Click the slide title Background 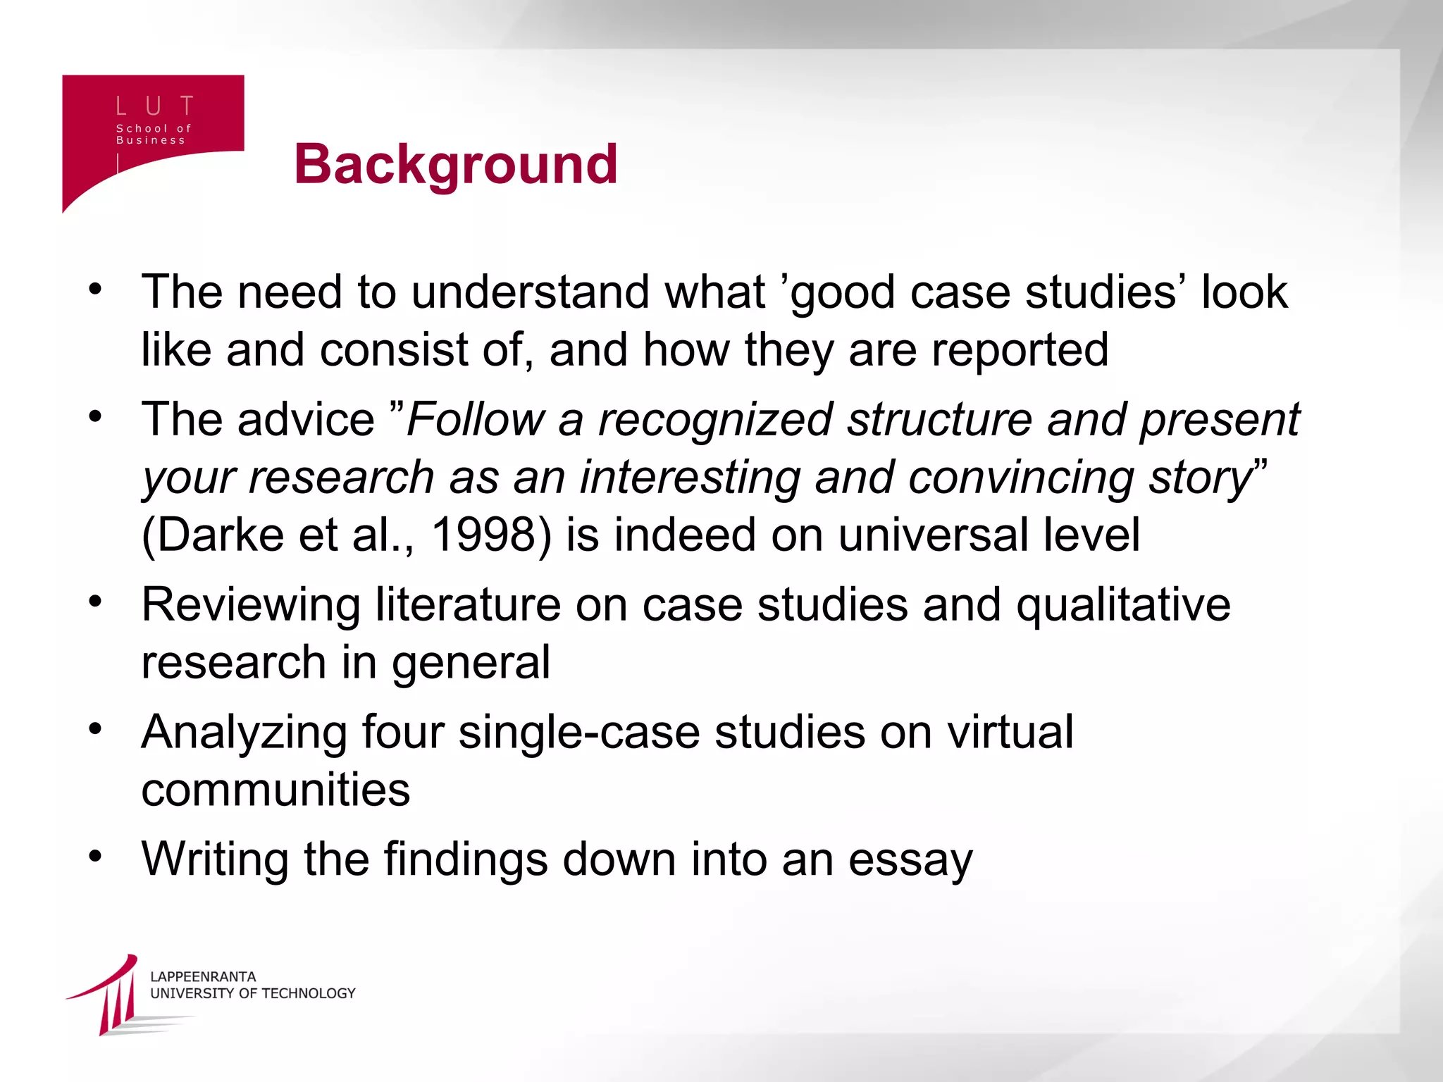click(456, 164)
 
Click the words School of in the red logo click(154, 128)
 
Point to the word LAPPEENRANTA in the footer click(203, 976)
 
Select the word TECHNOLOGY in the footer click(309, 993)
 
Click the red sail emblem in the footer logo click(113, 994)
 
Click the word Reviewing click(251, 605)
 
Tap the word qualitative click(1123, 605)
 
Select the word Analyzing click(244, 733)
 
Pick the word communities click(275, 789)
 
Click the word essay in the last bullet click(910, 860)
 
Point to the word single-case click(579, 733)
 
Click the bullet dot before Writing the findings click(96, 857)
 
